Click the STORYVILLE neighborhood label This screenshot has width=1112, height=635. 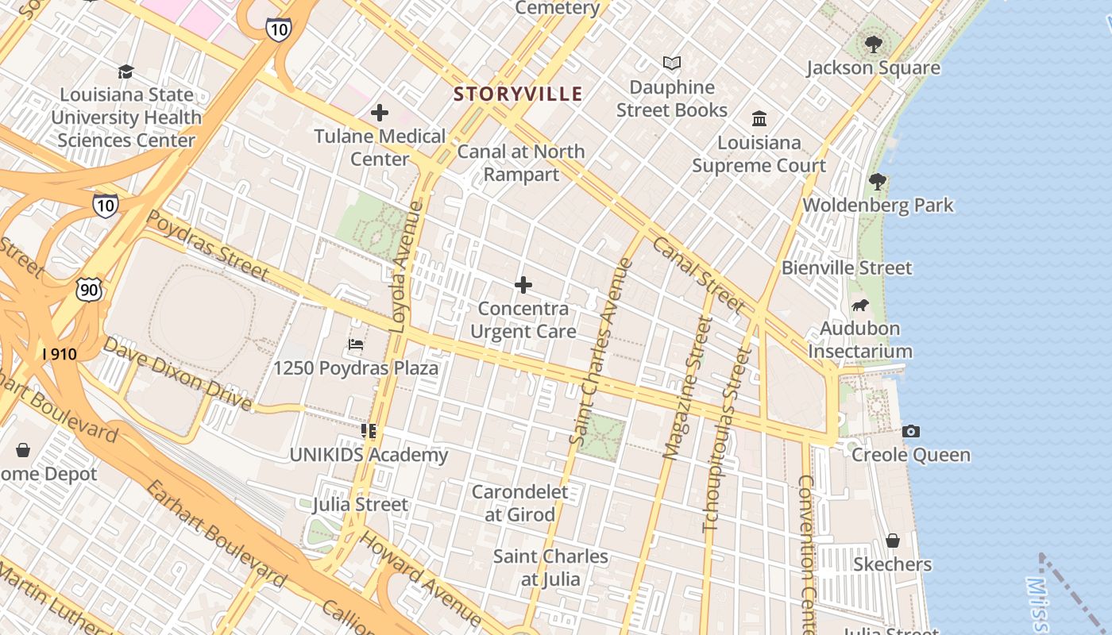pos(518,94)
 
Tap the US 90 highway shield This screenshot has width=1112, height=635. pos(89,290)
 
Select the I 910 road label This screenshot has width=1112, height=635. pos(60,354)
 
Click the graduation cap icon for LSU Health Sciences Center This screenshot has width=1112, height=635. pos(125,72)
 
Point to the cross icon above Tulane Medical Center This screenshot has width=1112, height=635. pos(380,113)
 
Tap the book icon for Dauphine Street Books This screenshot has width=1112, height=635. pos(672,63)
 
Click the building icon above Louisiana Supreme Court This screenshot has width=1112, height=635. pos(759,119)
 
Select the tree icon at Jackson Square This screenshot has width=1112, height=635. pos(874,44)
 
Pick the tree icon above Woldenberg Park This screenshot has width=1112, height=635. pos(878,182)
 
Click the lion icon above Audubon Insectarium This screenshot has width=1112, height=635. pos(859,306)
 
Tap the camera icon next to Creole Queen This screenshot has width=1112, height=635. pos(911,432)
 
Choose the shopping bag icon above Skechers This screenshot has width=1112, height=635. pos(893,541)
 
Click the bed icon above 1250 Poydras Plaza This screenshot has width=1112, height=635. pos(356,345)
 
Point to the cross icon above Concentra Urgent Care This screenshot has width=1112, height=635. pos(523,285)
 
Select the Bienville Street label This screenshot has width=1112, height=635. pos(847,267)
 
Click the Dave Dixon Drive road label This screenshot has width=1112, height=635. pos(177,374)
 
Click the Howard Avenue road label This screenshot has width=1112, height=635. pos(420,579)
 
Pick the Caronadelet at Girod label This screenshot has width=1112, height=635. pos(520,503)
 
